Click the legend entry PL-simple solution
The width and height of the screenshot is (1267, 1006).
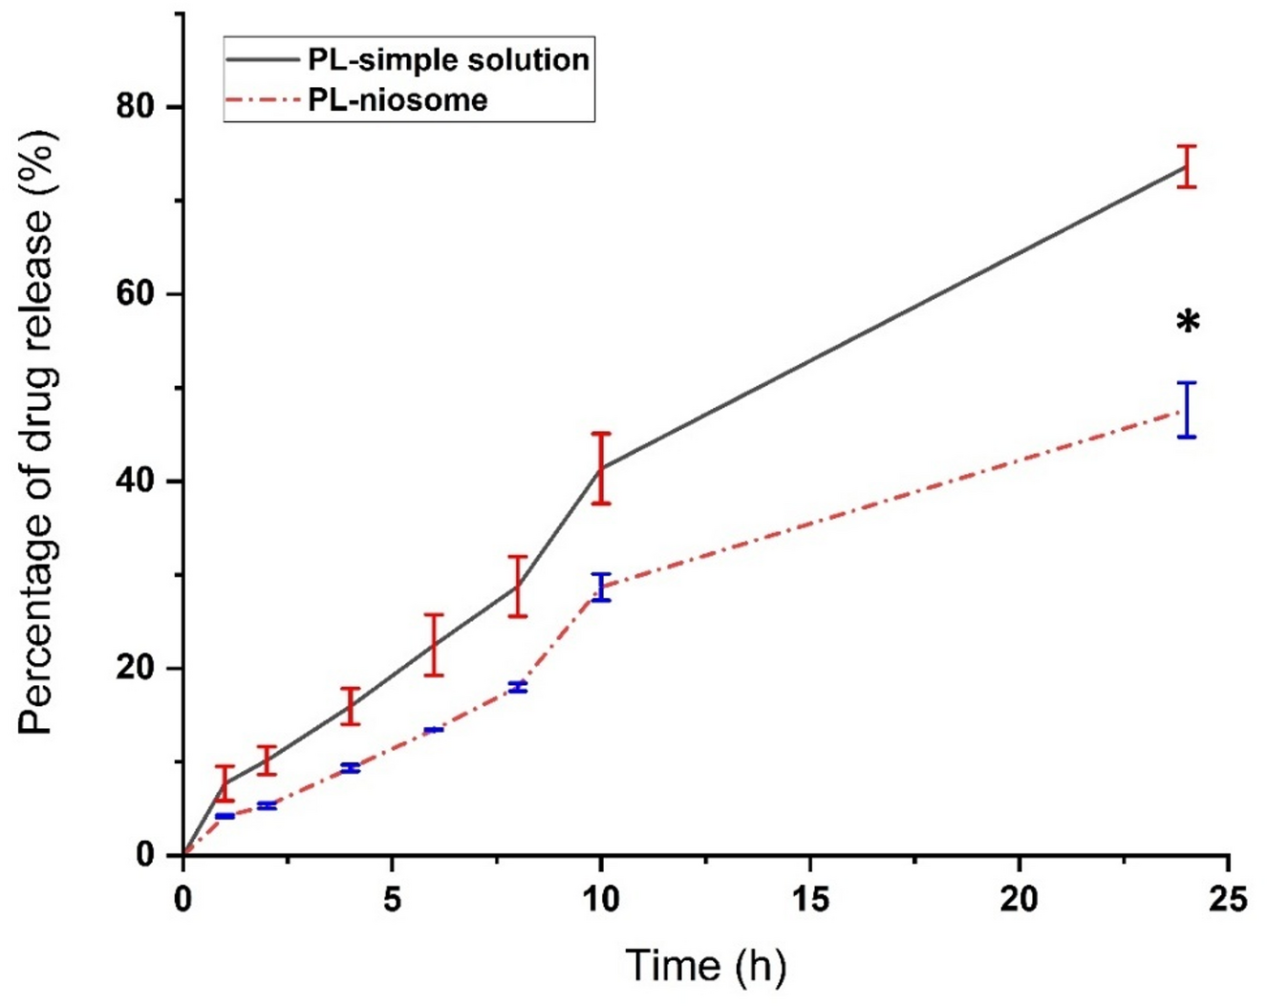[447, 59]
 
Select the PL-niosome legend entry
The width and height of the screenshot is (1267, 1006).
[397, 100]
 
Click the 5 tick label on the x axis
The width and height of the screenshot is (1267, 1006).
[392, 900]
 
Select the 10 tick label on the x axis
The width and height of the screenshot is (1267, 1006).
[600, 900]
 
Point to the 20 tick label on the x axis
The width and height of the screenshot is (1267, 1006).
[1019, 900]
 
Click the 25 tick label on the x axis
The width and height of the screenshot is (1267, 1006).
[1228, 900]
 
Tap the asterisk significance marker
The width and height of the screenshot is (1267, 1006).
[1187, 323]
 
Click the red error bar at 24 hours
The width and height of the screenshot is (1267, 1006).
[1187, 166]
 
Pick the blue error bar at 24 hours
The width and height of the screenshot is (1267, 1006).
[1187, 410]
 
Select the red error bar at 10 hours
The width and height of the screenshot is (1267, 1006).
[600, 468]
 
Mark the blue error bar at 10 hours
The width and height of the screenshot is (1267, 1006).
[600, 587]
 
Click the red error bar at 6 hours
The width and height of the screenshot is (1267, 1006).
[434, 645]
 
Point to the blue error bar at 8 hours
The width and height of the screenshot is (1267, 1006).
[517, 687]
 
